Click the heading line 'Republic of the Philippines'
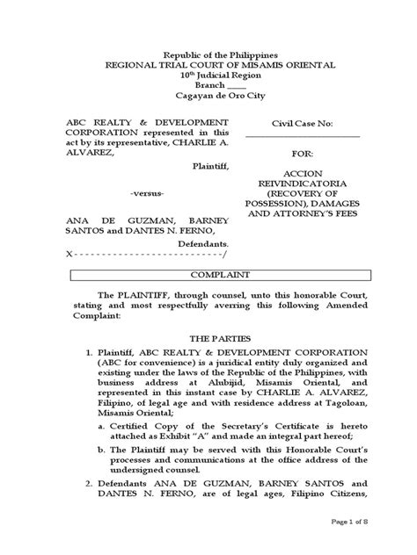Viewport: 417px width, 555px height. [x=208, y=54]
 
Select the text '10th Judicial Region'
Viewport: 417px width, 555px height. [x=208, y=76]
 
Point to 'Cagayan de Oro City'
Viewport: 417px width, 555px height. [x=208, y=97]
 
